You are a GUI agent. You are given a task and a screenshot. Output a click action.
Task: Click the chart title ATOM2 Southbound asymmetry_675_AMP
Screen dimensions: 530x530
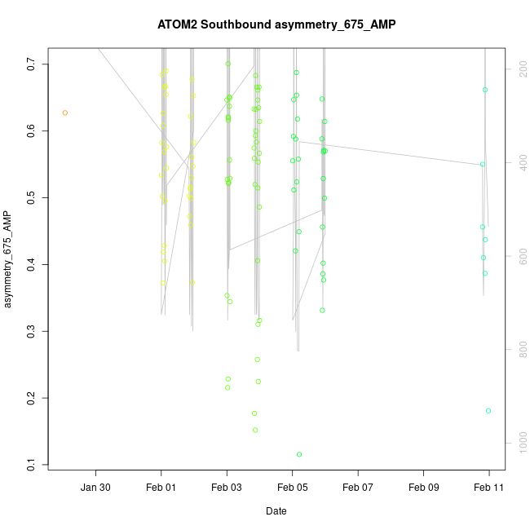276,24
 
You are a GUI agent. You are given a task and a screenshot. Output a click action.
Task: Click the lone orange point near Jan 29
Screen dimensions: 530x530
65,113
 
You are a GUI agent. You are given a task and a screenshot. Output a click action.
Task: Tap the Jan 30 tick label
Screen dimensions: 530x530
96,488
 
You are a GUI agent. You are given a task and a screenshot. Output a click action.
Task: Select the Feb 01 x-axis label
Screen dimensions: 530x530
161,488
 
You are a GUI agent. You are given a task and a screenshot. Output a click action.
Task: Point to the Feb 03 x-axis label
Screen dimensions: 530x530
227,488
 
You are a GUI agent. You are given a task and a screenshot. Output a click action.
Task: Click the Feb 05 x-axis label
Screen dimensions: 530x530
293,488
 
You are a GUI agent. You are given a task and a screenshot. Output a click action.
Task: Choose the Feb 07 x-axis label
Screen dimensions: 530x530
358,488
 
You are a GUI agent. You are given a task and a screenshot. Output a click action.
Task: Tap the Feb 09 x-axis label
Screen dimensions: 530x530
423,488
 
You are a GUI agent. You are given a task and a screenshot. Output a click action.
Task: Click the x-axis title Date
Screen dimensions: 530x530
276,511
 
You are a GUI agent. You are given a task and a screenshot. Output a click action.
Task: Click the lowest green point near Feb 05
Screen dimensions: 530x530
299,454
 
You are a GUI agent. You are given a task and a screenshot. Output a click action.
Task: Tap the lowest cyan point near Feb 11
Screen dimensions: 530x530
488,411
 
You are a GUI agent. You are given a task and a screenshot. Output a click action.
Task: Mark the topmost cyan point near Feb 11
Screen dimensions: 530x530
485,90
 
